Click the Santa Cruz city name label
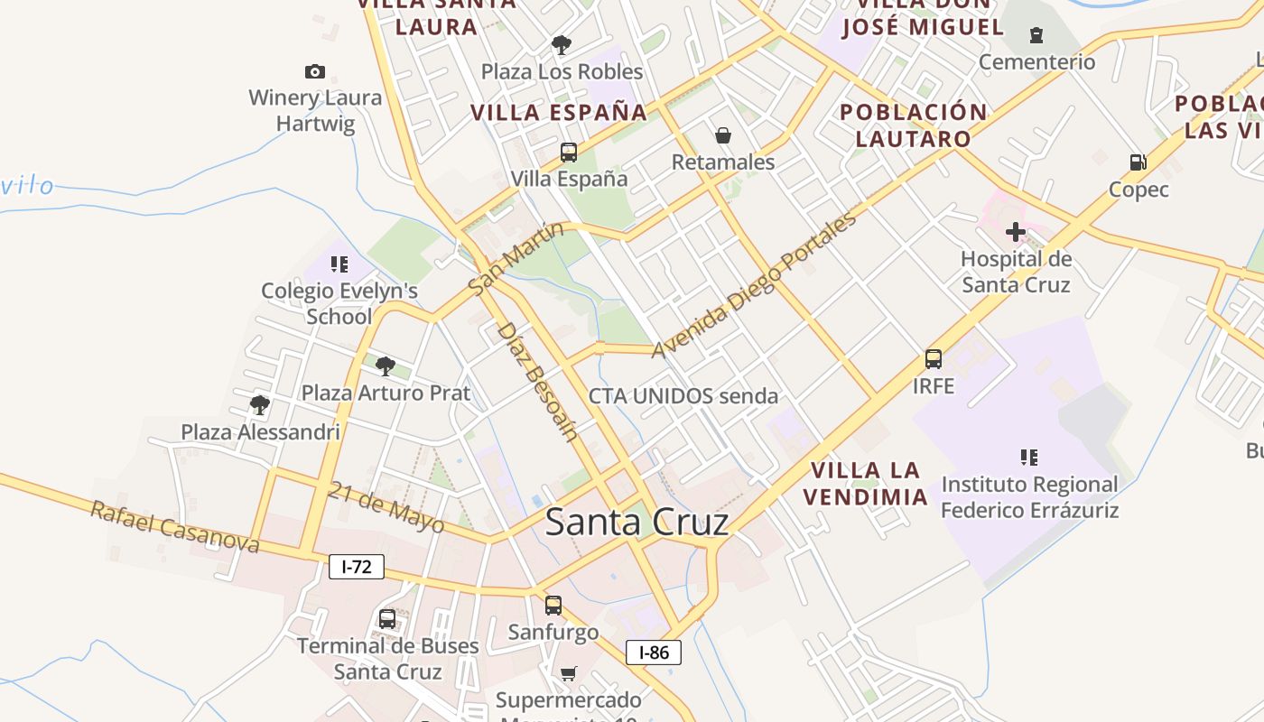pos(637,523)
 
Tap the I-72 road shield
pos(357,567)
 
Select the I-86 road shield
pos(654,652)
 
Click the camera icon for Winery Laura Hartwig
pos(315,71)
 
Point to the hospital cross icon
pos(1016,232)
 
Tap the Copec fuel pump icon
pos(1139,162)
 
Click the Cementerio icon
pos(1036,35)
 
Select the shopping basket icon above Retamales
pos(723,135)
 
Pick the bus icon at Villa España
pos(569,152)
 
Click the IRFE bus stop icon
pos(934,359)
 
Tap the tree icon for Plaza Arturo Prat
pos(386,366)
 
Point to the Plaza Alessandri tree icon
pos(260,404)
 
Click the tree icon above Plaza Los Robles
pos(562,44)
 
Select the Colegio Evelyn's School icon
pos(339,264)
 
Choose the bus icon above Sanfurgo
pos(553,605)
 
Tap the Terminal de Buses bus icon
pos(387,619)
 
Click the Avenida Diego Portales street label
pos(753,285)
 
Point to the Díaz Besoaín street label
pos(536,382)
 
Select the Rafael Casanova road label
pos(175,527)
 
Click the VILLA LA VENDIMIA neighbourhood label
pos(866,484)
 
